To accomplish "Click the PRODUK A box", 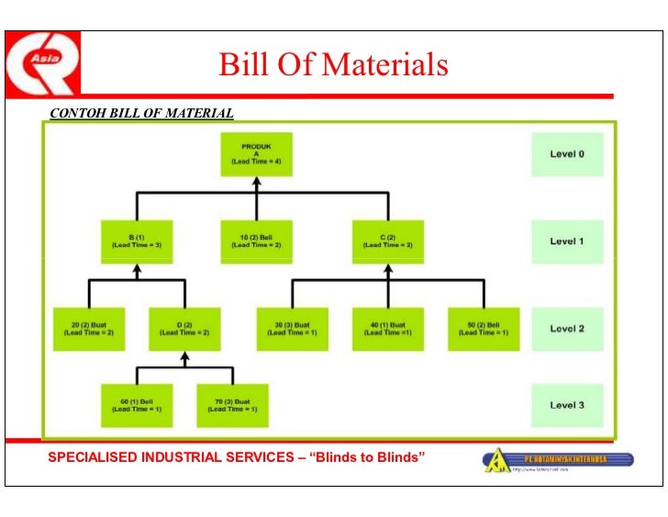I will (256, 154).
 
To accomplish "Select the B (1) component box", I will (137, 242).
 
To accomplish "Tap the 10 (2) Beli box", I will (256, 242).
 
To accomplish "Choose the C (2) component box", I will (387, 242).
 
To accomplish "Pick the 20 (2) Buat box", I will (89, 329).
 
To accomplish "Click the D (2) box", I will (184, 329).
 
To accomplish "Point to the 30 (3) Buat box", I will (292, 329).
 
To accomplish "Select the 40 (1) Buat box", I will (387, 329).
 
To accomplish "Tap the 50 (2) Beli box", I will (483, 329).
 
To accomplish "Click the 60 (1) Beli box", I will (137, 405).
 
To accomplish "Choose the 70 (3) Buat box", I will (232, 405).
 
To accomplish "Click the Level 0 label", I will (567, 154).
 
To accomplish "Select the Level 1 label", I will (567, 242).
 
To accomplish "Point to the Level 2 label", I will (567, 329).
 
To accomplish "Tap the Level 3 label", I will (567, 405).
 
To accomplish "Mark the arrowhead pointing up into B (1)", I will (137, 271).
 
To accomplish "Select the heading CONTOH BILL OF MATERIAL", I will (141, 114).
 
